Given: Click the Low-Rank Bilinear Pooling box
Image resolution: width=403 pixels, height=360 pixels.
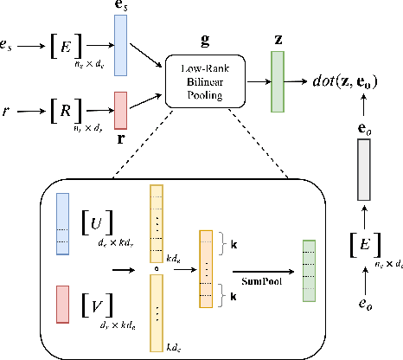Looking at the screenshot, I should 206,81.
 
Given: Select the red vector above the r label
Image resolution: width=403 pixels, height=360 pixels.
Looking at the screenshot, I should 120,110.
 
